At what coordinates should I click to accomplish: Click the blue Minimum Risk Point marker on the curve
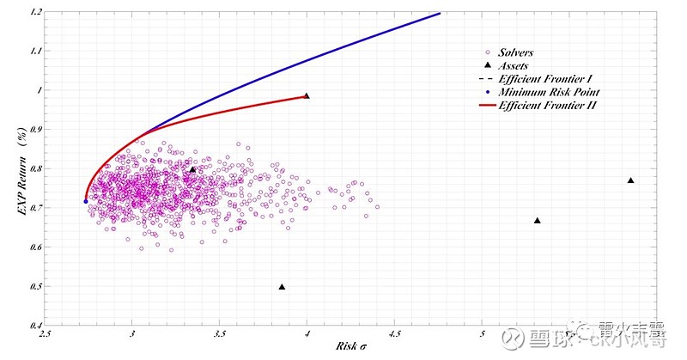pos(86,201)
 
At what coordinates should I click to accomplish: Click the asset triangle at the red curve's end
pos(307,96)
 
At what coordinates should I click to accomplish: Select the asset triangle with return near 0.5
pos(282,287)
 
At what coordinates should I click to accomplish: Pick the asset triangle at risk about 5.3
pos(538,221)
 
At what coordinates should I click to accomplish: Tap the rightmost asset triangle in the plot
pos(631,180)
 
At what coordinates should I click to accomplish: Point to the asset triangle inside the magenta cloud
pos(193,170)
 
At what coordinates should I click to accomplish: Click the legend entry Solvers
pos(514,53)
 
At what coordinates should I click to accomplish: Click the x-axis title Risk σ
pos(351,346)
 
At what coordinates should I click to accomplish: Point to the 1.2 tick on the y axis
pos(34,13)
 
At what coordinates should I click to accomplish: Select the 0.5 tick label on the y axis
pos(34,287)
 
